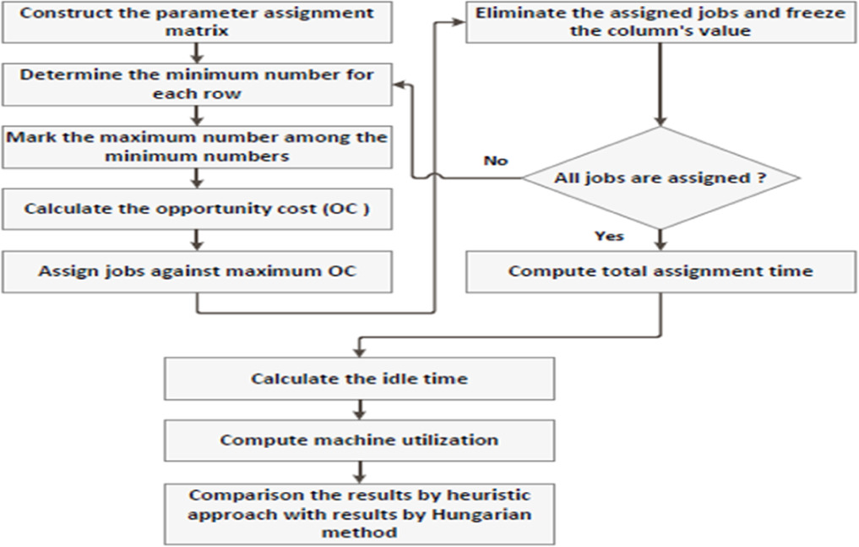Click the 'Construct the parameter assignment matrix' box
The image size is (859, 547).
tap(198, 21)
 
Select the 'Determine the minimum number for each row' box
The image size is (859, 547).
tap(198, 83)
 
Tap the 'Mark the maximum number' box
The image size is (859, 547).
tap(198, 145)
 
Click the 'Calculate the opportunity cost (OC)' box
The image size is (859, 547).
tap(198, 208)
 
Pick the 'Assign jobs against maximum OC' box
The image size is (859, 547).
tap(198, 271)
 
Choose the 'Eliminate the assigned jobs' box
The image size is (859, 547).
tap(661, 21)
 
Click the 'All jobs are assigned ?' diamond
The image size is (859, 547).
tap(661, 178)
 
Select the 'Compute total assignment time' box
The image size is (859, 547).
tap(661, 271)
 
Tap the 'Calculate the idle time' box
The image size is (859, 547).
tap(359, 378)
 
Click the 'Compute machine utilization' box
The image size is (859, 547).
tap(359, 440)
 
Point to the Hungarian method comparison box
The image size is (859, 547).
tap(359, 513)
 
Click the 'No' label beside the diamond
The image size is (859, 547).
tap(495, 160)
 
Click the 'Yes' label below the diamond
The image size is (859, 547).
tap(608, 236)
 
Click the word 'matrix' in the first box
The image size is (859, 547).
tap(197, 31)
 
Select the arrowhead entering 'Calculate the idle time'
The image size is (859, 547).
tap(360, 351)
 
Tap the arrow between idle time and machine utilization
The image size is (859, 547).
tap(360, 409)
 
